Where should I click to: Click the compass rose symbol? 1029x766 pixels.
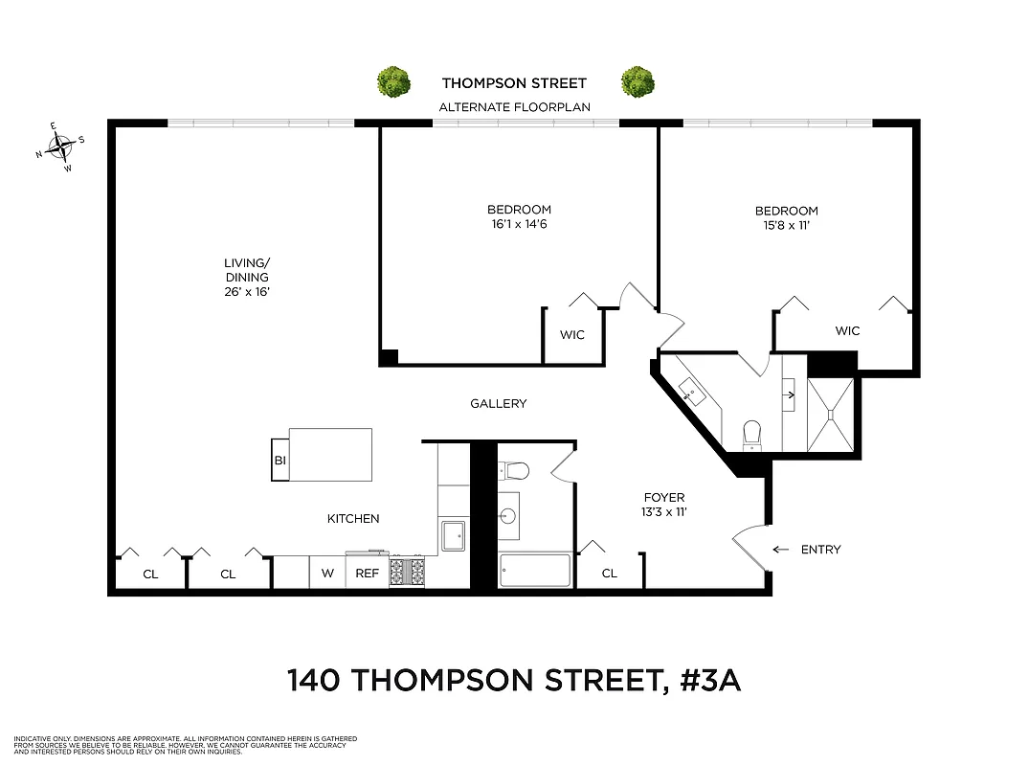coord(61,147)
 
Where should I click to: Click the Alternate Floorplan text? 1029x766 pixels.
coord(514,107)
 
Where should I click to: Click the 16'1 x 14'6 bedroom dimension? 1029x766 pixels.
coord(519,225)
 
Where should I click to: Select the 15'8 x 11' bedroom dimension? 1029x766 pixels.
coord(786,226)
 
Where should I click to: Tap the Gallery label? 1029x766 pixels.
coord(499,404)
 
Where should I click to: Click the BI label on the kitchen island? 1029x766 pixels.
coord(280,461)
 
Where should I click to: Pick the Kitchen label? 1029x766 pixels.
coord(353,519)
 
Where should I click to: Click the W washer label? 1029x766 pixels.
coord(327,574)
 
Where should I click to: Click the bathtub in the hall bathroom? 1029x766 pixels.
coord(535,572)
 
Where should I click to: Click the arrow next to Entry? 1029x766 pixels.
coord(781,550)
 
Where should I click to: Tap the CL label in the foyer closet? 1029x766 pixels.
coord(609,574)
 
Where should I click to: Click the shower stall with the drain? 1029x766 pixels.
coord(830,415)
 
